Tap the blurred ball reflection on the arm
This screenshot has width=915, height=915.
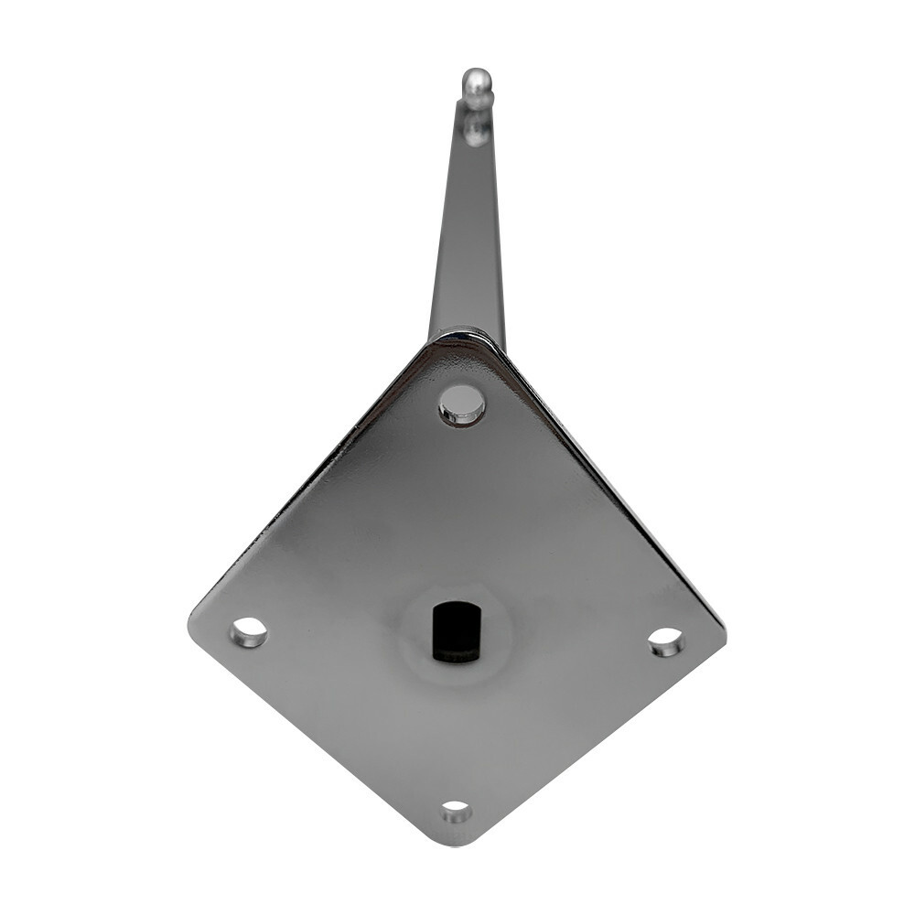[476, 128]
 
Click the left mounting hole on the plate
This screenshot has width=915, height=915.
[249, 632]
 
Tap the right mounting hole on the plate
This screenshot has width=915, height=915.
[666, 641]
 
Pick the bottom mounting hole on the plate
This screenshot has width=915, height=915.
[456, 811]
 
